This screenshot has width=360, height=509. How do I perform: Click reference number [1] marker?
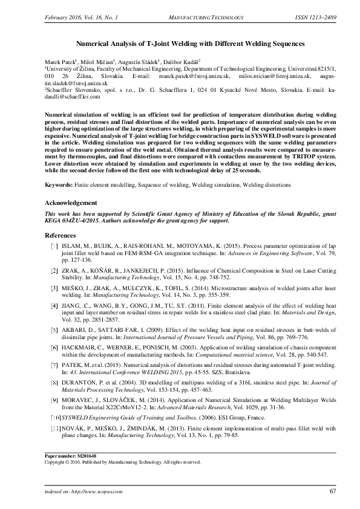click(x=54, y=247)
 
